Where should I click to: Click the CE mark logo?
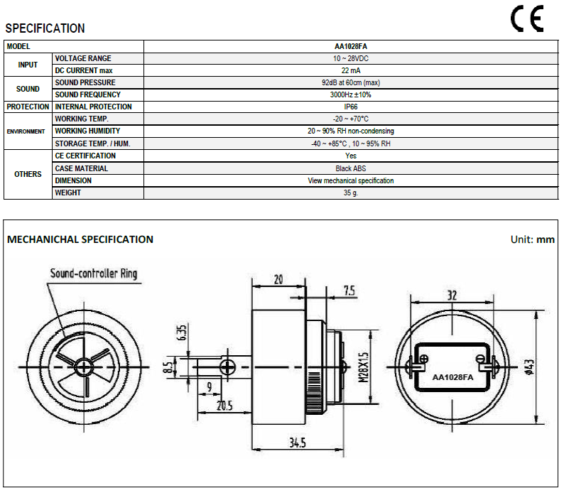[527, 18]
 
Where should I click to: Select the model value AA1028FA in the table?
[351, 46]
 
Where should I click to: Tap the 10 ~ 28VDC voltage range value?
[351, 58]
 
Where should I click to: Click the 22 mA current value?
[351, 70]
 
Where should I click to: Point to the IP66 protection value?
[351, 107]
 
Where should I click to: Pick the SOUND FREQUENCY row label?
[88, 94]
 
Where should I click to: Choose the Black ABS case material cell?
[351, 168]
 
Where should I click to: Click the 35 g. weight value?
[351, 193]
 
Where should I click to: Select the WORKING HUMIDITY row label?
[87, 131]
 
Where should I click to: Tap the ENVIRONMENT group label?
[26, 131]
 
